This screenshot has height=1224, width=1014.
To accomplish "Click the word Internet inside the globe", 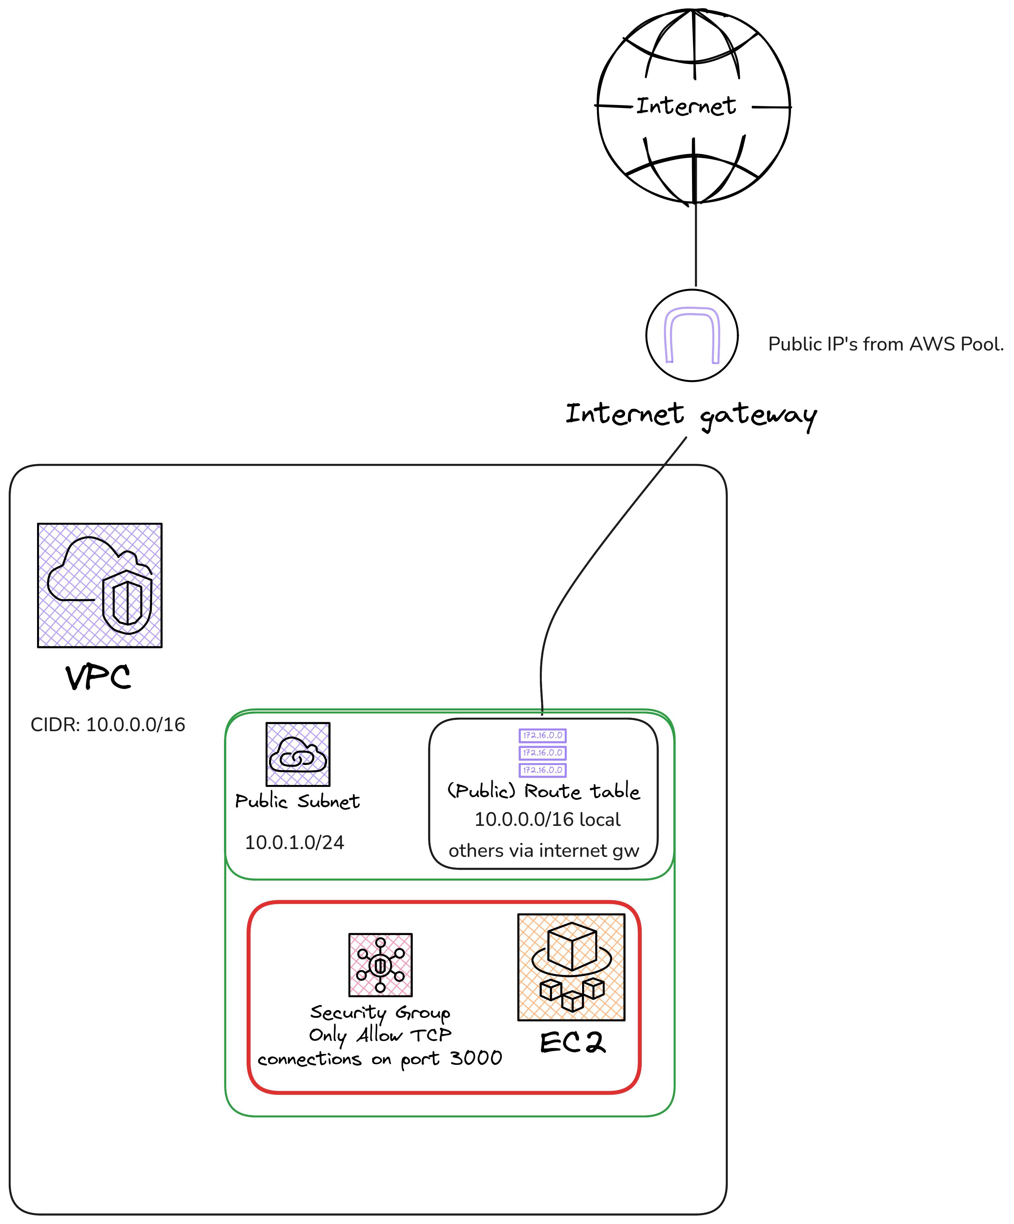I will click(x=686, y=106).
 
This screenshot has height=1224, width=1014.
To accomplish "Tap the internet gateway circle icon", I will click(x=692, y=336).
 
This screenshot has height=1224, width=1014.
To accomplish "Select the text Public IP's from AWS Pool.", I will click(x=886, y=344).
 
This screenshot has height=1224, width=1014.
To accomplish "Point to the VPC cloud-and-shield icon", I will click(x=100, y=585).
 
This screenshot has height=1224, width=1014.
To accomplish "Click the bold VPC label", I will click(x=98, y=677).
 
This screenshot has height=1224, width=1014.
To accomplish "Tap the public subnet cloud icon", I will click(x=298, y=754).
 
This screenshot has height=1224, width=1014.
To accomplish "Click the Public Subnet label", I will click(x=297, y=801).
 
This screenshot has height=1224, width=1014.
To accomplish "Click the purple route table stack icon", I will click(x=542, y=752).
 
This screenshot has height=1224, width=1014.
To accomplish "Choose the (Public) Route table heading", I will click(x=543, y=791).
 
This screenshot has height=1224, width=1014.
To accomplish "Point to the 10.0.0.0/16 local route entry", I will click(x=547, y=819).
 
